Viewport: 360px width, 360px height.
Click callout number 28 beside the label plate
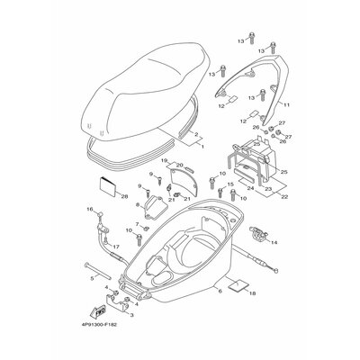click(123, 194)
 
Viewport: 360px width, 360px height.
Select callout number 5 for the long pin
click(92, 279)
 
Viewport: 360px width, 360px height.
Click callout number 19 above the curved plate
click(165, 160)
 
